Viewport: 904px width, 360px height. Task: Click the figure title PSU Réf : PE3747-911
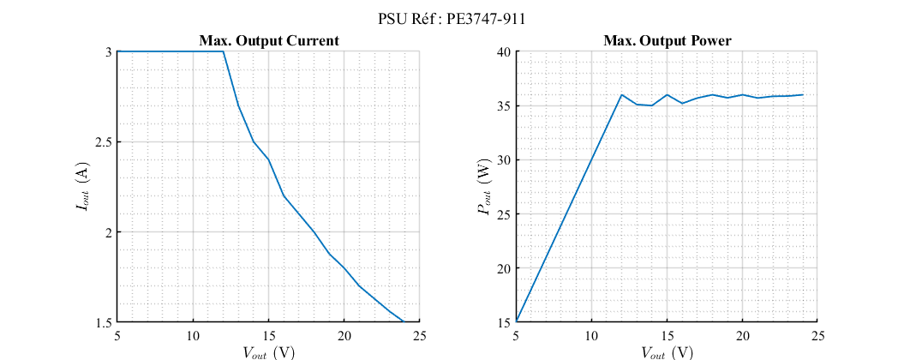452,19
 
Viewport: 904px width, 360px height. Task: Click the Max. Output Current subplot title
269,40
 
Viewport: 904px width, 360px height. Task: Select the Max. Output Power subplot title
667,40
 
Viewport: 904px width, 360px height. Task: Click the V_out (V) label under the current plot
269,351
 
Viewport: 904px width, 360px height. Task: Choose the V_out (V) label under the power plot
667,351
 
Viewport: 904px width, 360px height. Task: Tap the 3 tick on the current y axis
109,52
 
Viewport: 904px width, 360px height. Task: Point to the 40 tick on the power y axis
504,52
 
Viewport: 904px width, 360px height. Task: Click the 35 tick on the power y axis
504,106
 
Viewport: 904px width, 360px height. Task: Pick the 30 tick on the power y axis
504,160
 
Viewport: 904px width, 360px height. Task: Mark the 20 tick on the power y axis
504,268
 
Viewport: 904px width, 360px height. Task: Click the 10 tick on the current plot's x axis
193,335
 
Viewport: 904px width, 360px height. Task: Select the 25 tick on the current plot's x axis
420,335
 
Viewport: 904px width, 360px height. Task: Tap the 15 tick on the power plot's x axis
667,335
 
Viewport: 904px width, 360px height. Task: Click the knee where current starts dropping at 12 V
224,51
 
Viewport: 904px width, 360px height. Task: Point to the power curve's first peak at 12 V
622,95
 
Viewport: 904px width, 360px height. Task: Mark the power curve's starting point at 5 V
516,322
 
